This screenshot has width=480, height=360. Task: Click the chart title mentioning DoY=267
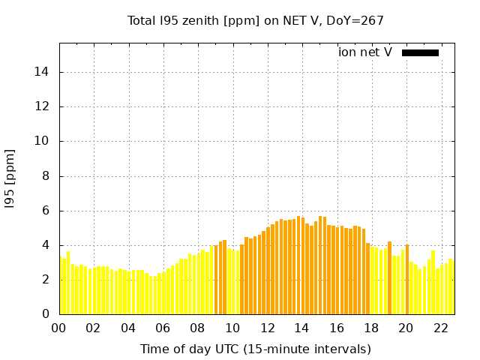point(256,20)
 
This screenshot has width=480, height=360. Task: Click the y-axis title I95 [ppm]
point(10,178)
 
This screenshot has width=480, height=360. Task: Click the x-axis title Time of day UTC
point(256,349)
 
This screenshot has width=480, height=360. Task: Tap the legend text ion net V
point(365,52)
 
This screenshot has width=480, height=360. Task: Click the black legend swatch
point(420,52)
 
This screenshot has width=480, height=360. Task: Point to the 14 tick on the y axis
point(46,72)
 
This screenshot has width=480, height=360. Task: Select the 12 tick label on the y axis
point(46,106)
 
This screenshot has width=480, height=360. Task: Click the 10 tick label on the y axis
point(46,141)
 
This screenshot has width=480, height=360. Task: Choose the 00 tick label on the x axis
point(59,328)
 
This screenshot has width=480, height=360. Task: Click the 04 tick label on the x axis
point(128,328)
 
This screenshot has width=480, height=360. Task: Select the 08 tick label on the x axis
point(198,328)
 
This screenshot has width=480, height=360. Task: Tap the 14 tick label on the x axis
point(301,328)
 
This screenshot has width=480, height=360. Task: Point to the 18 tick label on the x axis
point(371,328)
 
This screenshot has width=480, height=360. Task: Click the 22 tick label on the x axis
point(440,328)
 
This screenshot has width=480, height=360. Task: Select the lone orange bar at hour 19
point(390,278)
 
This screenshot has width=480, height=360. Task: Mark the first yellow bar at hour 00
point(62,286)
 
